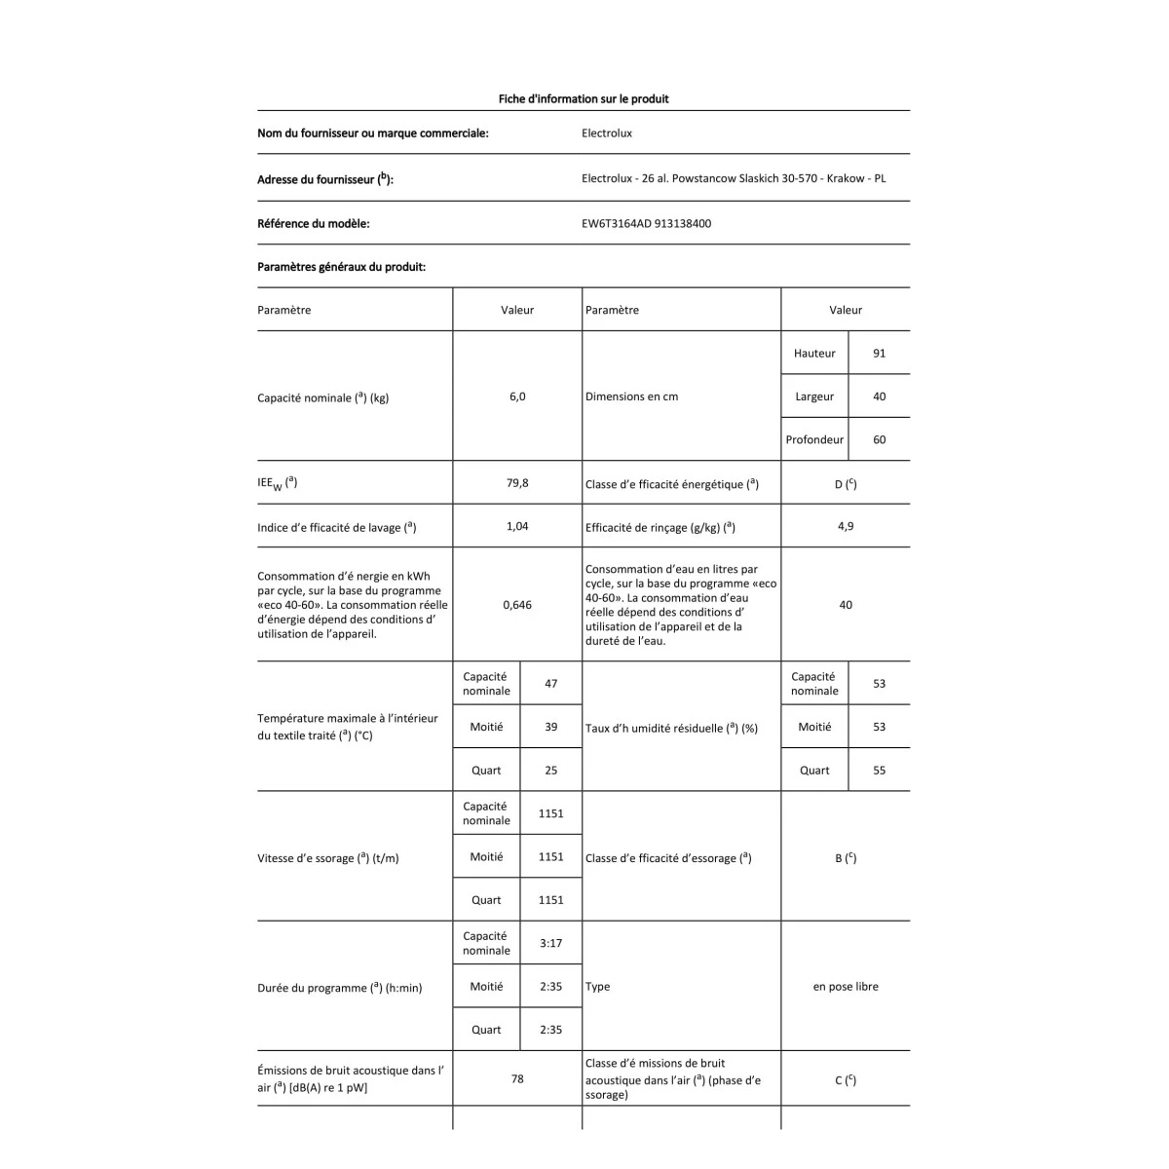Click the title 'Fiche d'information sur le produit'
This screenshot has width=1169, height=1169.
(x=583, y=98)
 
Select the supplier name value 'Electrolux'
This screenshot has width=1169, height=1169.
(x=606, y=133)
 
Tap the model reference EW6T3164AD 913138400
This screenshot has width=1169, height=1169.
(x=646, y=223)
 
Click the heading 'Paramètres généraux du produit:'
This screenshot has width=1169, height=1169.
(x=341, y=267)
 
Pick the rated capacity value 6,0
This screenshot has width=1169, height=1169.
(x=516, y=396)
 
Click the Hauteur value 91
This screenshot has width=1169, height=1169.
(x=879, y=354)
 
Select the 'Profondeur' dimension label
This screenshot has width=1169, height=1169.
(x=814, y=439)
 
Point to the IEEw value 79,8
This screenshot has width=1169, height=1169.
(x=516, y=482)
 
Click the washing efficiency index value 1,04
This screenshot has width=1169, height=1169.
(x=516, y=526)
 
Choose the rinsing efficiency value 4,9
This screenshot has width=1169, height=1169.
(x=845, y=526)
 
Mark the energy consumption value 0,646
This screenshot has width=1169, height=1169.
(x=516, y=605)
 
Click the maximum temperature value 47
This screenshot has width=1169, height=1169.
(x=550, y=684)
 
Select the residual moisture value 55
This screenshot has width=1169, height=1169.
(x=879, y=771)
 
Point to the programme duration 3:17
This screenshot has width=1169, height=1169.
(x=550, y=943)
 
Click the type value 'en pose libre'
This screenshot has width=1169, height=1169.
(x=845, y=987)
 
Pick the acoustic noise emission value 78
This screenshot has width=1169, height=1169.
(x=516, y=1078)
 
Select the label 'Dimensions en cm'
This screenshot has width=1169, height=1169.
(x=631, y=396)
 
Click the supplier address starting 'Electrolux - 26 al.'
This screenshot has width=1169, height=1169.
(x=733, y=178)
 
